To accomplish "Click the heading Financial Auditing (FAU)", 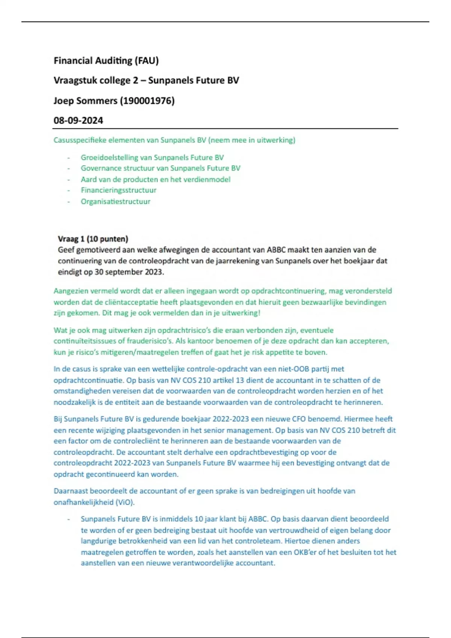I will [106, 60].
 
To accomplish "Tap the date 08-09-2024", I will [78, 120].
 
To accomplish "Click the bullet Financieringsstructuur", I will [118, 190].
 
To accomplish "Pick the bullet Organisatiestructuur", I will [115, 202].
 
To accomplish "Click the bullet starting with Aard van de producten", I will [155, 179].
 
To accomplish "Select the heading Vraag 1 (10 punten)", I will [93, 239].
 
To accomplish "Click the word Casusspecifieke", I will [80, 140].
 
